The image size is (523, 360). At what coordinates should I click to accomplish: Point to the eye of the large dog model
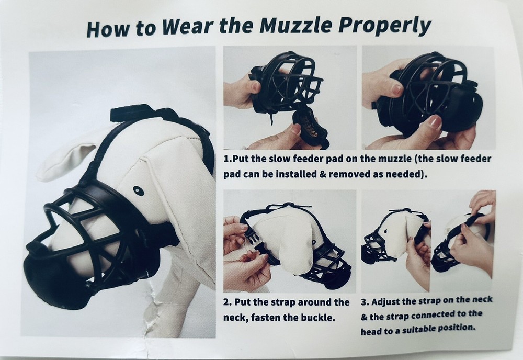click(x=138, y=189)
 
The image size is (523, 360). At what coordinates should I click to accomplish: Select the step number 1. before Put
click(x=228, y=159)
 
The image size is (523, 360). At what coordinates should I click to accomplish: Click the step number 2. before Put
click(x=227, y=303)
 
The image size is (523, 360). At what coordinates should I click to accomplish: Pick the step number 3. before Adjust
click(x=364, y=302)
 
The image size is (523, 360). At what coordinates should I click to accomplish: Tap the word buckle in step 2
click(x=317, y=317)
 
